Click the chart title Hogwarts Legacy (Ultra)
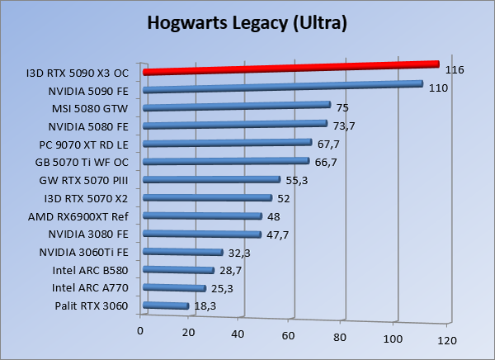tap(247, 23)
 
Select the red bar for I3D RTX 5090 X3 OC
tap(289, 68)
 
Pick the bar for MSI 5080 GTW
tap(236, 106)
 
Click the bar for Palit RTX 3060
tap(165, 306)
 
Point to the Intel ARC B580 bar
tap(178, 270)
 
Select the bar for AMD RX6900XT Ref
tap(202, 216)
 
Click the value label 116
tap(454, 70)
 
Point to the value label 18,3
tap(204, 306)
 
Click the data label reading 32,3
tap(238, 252)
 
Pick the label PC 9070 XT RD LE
tap(89, 144)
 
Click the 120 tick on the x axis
tap(446, 339)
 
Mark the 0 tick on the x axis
tap(141, 330)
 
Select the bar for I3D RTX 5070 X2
tap(207, 198)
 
